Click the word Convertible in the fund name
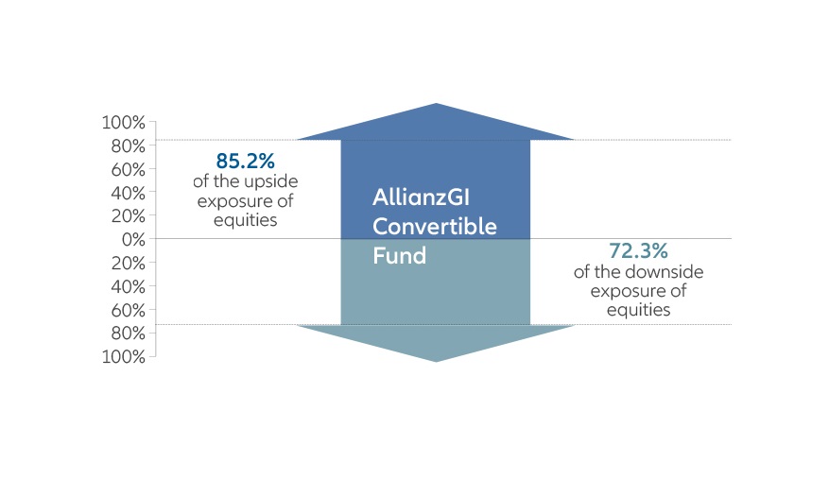435,228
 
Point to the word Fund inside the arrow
400,255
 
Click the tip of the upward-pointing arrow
436,104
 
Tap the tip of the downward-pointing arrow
436,361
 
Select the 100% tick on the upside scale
124,123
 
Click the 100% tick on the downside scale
124,356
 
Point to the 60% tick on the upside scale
128,169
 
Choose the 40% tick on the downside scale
128,286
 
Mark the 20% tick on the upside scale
128,215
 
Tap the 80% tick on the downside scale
128,333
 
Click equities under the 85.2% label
247,220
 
